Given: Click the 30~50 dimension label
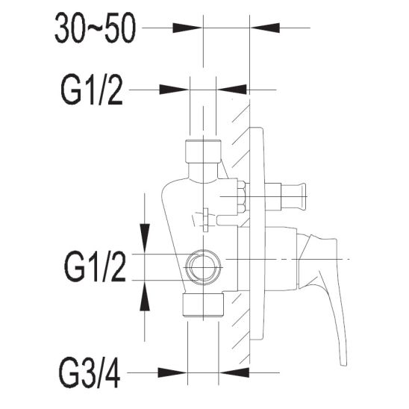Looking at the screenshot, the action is [96, 28].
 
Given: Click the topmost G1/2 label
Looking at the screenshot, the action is [92, 90].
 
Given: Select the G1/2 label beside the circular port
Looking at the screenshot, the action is [95, 267].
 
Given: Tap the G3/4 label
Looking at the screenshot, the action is [90, 375].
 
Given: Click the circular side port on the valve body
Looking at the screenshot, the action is [203, 268].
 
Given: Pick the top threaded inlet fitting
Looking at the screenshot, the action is [203, 152].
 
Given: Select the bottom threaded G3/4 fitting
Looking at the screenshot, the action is [203, 305].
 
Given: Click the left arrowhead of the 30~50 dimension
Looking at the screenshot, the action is [187, 28].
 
